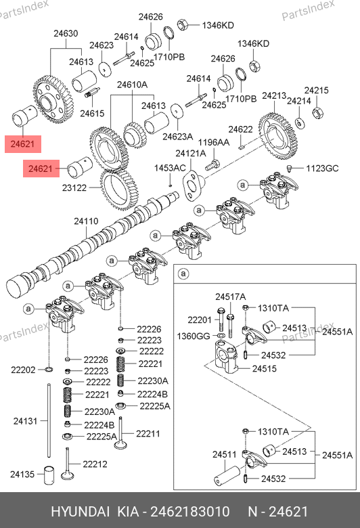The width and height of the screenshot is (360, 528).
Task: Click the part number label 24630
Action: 66,33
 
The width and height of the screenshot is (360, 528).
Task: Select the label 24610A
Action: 132,85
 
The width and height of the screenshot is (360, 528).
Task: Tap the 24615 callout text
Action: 92,113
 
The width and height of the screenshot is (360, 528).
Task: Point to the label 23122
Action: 74,188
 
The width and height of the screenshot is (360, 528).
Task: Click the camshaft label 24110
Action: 86,221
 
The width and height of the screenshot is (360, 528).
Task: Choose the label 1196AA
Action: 214,142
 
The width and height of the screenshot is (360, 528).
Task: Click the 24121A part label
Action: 191,154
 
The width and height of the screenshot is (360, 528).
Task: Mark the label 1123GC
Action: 322,168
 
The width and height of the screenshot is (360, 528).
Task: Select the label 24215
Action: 316,90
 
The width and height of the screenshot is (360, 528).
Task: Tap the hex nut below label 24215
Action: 317,112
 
